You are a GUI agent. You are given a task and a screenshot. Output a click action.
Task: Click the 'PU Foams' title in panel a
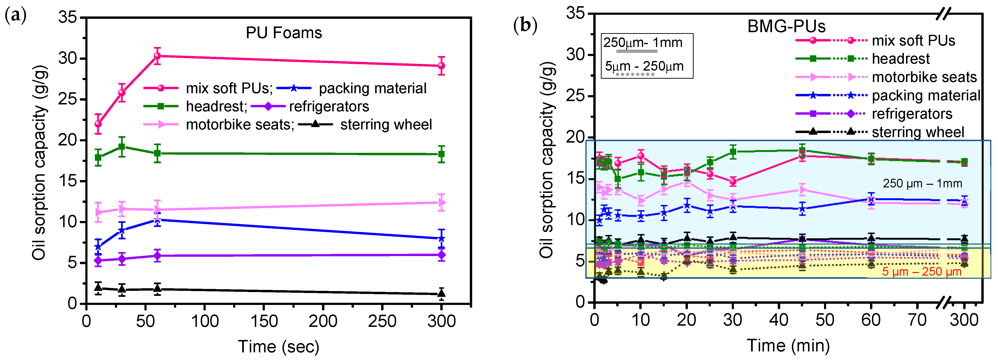pyautogui.click(x=284, y=33)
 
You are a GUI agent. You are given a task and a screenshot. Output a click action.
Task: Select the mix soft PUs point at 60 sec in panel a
pyautogui.click(x=157, y=56)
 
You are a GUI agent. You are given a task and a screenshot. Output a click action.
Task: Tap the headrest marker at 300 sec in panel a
pyautogui.click(x=441, y=154)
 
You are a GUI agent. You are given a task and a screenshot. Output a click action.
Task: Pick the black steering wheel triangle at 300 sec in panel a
pyautogui.click(x=441, y=293)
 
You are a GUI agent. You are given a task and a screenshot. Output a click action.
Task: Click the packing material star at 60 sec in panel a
pyautogui.click(x=157, y=220)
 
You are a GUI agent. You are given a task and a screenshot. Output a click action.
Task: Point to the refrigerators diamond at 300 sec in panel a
pyautogui.click(x=441, y=255)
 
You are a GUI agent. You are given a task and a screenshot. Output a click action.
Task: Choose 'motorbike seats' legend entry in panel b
pyautogui.click(x=924, y=77)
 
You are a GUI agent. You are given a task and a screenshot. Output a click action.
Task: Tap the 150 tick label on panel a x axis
pyautogui.click(x=264, y=321)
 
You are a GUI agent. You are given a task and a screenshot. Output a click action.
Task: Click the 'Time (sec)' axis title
pyautogui.click(x=279, y=346)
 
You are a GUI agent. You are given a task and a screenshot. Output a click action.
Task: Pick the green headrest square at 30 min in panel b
pyautogui.click(x=733, y=152)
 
